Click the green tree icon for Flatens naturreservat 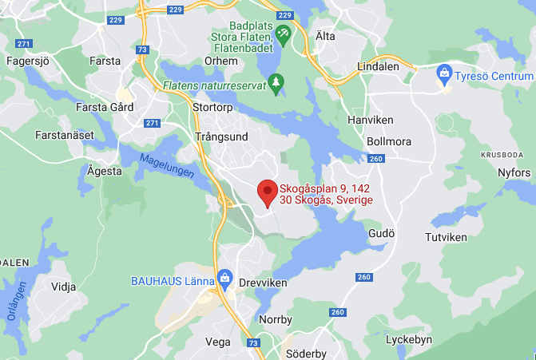pyautogui.click(x=276, y=82)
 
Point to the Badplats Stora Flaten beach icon pyautogui.click(x=283, y=34)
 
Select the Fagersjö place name pyautogui.click(x=29, y=61)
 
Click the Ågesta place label pyautogui.click(x=105, y=170)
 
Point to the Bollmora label pyautogui.click(x=388, y=141)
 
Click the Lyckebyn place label pyautogui.click(x=408, y=339)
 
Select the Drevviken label pyautogui.click(x=262, y=283)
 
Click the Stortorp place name pyautogui.click(x=213, y=105)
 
